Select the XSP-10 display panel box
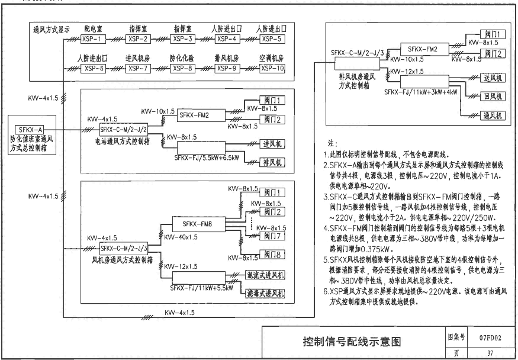(272, 68)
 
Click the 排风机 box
(272, 162)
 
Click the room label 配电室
(94, 28)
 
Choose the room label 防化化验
(182, 58)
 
